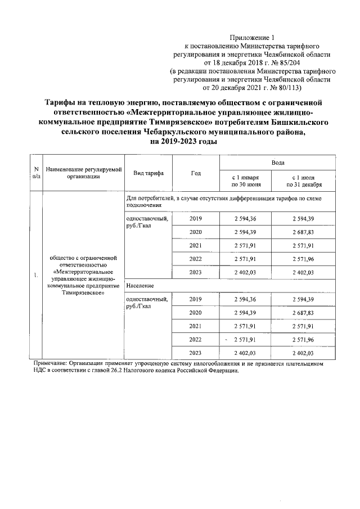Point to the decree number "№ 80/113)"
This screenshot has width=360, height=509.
click(285, 88)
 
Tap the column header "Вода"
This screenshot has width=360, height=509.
click(277, 162)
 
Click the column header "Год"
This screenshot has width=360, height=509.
click(195, 173)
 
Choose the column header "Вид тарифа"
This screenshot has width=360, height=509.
click(148, 173)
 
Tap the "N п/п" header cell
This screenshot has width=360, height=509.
click(35, 173)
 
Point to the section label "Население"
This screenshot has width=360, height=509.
click(141, 286)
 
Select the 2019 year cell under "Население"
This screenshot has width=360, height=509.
click(195, 299)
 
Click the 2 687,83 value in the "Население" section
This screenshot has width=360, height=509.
click(304, 312)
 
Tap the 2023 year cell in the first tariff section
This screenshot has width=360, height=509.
click(195, 272)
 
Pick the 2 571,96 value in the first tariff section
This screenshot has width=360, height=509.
click(304, 259)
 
